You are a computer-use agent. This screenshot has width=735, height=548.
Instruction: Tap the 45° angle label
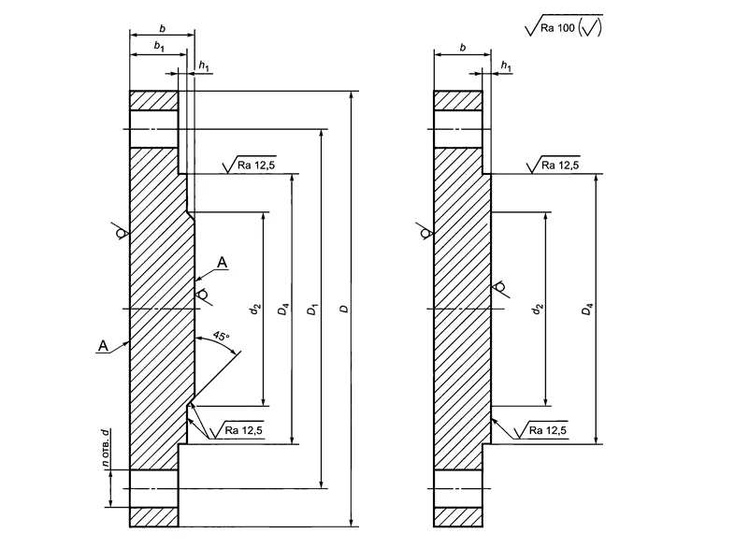coord(221,335)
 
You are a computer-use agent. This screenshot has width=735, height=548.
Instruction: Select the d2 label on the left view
coord(254,308)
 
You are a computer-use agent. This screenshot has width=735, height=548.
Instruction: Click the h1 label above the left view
coord(204,65)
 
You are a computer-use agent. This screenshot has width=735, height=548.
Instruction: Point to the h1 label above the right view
coord(506,65)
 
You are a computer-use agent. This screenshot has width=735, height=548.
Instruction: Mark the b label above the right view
coord(462,46)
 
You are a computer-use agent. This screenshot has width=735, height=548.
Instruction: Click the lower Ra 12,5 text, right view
coord(549,430)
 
